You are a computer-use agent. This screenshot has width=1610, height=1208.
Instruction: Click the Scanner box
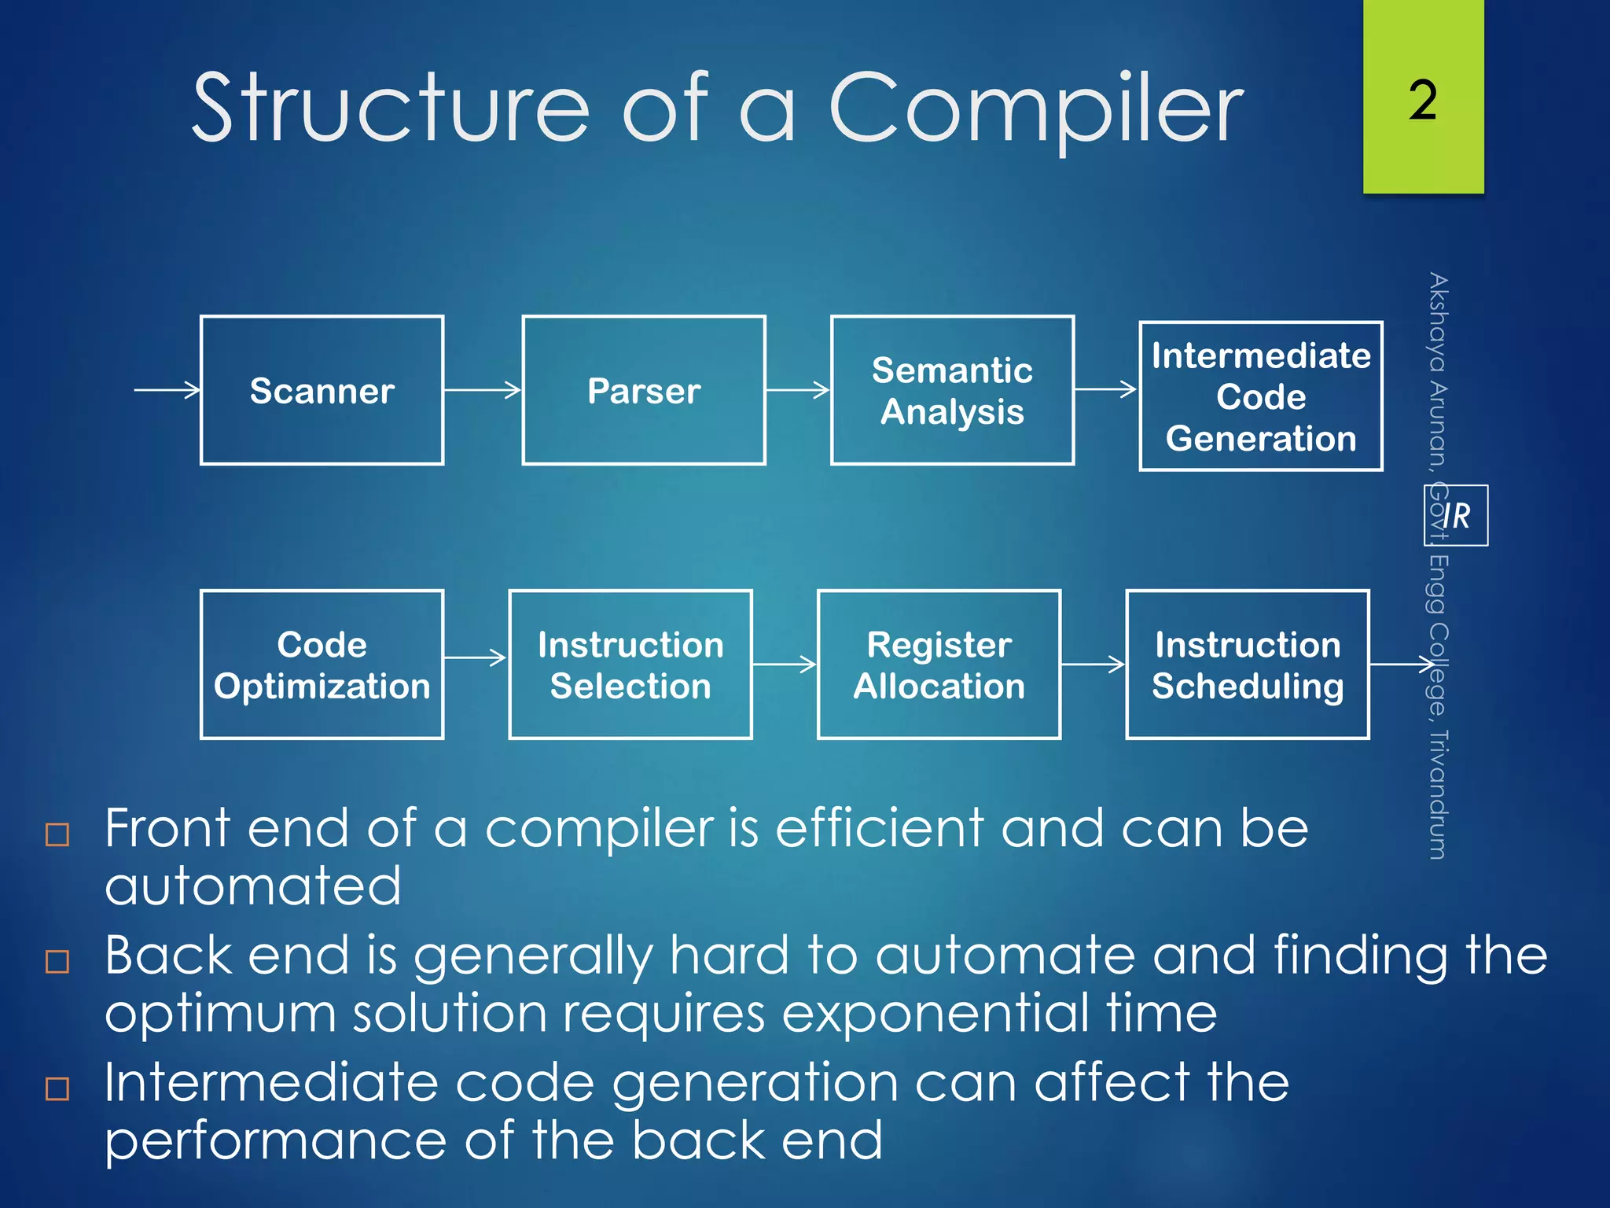[322, 390]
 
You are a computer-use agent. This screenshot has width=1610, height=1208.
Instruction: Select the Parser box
[643, 390]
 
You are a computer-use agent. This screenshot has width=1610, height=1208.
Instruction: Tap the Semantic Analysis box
[952, 390]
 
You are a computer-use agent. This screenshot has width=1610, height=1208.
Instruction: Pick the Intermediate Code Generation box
[1260, 396]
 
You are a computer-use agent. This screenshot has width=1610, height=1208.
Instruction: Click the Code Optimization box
[322, 665]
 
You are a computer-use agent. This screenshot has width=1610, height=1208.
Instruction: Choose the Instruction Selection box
[630, 665]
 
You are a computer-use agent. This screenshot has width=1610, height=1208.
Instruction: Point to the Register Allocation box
[939, 665]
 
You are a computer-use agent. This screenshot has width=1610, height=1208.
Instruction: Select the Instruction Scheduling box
[1248, 665]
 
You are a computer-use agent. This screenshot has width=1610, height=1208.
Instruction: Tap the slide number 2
[1423, 100]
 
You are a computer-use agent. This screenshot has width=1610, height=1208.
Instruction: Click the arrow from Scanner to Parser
[482, 389]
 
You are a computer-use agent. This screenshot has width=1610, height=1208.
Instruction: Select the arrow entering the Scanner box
[167, 389]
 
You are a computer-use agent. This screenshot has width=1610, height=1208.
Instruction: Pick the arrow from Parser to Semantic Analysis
[797, 389]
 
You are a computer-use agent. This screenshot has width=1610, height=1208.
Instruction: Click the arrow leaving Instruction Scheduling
[1402, 665]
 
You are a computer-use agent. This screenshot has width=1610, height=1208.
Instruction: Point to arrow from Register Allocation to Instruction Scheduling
[1093, 665]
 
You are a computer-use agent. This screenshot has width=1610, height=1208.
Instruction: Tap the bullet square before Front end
[57, 834]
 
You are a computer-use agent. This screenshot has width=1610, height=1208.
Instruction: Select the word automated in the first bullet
[253, 886]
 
